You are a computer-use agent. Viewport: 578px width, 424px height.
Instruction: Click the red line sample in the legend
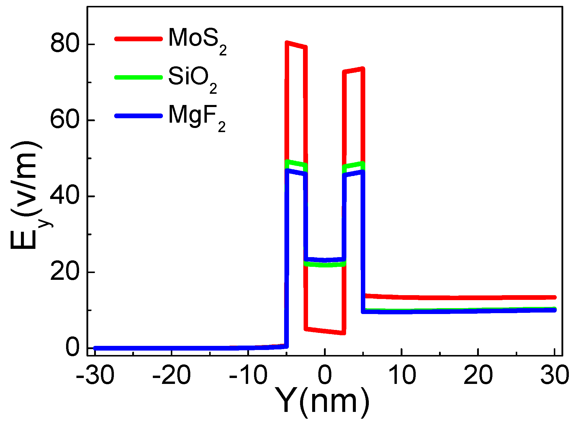click(x=138, y=39)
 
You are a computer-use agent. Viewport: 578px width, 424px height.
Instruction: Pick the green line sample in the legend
click(x=138, y=77)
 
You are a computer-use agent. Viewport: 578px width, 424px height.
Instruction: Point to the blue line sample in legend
click(x=138, y=116)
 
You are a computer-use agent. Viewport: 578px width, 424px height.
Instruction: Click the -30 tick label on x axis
click(x=95, y=375)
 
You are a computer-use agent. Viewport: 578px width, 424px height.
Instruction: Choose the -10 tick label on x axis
click(x=248, y=375)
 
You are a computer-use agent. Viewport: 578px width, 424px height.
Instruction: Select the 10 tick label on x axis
click(x=402, y=375)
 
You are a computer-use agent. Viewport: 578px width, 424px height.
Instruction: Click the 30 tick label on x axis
click(x=555, y=375)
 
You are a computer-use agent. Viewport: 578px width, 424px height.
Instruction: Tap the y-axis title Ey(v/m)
click(x=28, y=195)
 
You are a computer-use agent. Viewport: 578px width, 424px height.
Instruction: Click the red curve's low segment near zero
click(x=325, y=331)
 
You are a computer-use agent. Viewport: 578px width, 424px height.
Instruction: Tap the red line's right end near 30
click(x=554, y=298)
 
